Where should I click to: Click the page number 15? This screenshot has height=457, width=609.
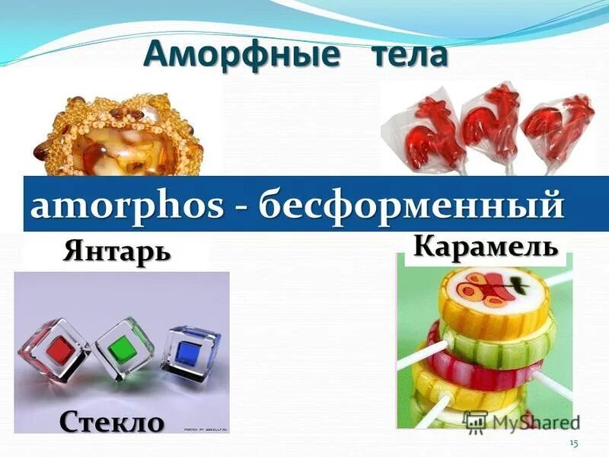[574, 443]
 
